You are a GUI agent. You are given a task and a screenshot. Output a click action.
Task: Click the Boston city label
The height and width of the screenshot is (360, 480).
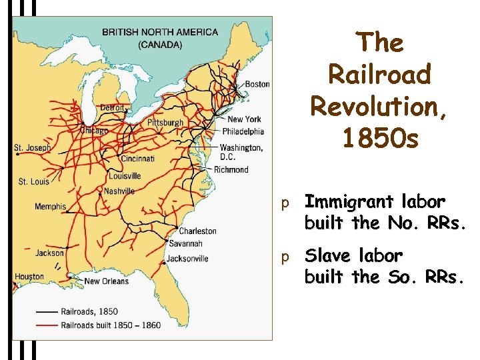257,84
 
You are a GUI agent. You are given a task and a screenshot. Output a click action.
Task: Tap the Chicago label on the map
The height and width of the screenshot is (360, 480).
94,131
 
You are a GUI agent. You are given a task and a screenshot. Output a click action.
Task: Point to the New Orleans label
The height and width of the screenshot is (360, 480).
107,281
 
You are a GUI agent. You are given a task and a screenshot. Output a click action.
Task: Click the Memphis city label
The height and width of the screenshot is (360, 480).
51,207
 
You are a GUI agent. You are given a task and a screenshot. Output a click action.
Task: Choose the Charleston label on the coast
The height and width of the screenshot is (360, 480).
198,231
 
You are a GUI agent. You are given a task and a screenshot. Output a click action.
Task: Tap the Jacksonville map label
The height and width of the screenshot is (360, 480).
187,259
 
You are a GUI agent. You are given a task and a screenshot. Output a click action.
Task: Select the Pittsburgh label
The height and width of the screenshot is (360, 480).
165,123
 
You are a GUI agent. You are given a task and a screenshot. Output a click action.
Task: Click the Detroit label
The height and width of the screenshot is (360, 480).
112,107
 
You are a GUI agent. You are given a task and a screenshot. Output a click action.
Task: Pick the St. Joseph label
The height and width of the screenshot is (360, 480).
32,147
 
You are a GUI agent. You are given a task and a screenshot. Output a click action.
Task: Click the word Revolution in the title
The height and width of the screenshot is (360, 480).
379,106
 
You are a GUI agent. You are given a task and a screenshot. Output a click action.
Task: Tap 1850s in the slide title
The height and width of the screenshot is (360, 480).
379,138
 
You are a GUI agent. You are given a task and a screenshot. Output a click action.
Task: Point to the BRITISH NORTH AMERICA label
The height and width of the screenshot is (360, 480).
159,31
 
